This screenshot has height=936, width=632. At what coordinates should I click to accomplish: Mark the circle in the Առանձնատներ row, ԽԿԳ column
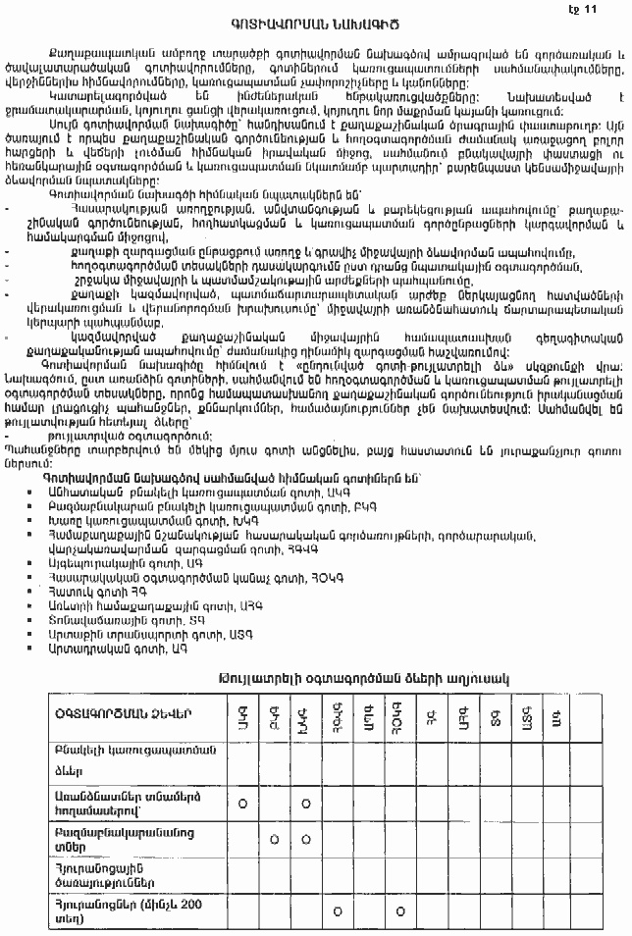click(x=306, y=804)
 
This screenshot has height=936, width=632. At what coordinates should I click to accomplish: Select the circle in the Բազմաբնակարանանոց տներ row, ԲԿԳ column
click(x=274, y=839)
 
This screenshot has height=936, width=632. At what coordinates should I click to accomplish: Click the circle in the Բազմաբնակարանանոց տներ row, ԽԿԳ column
click(x=306, y=839)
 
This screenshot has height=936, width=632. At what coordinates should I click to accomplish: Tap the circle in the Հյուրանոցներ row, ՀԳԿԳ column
click(x=338, y=910)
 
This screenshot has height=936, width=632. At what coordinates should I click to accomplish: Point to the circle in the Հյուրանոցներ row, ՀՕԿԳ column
click(x=401, y=910)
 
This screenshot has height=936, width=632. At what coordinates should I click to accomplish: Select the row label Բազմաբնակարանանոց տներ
click(x=121, y=839)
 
